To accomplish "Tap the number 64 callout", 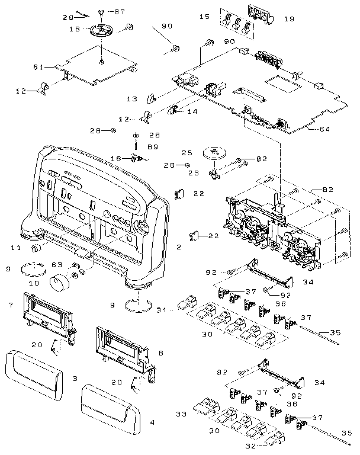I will [x=324, y=129].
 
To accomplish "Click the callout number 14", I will [x=192, y=111].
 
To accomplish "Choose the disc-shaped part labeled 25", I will [x=213, y=152].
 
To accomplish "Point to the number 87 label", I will [x=120, y=12].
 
